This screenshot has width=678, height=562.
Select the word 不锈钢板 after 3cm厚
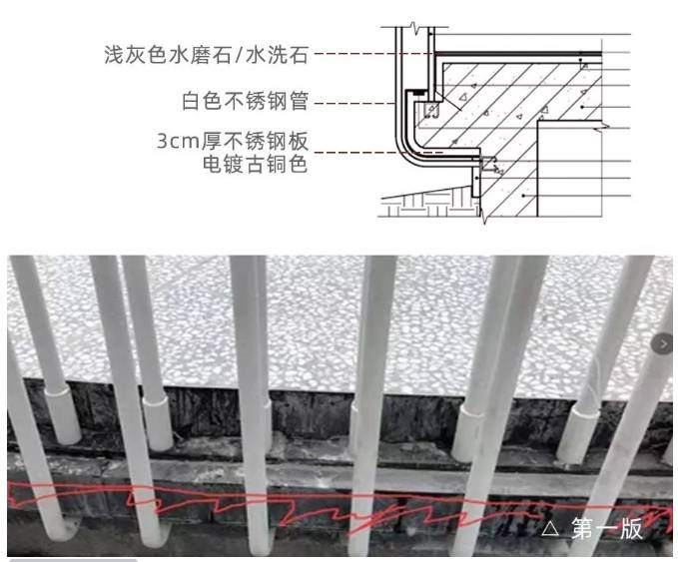[x=270, y=141]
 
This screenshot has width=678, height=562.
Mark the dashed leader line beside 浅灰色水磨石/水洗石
[x=369, y=54]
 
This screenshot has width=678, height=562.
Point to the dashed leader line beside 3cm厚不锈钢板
[x=359, y=152]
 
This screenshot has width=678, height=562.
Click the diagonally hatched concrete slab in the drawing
[x=499, y=110]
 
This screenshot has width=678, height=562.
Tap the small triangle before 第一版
[x=551, y=530]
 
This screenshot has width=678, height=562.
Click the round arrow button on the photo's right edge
[x=665, y=343]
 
